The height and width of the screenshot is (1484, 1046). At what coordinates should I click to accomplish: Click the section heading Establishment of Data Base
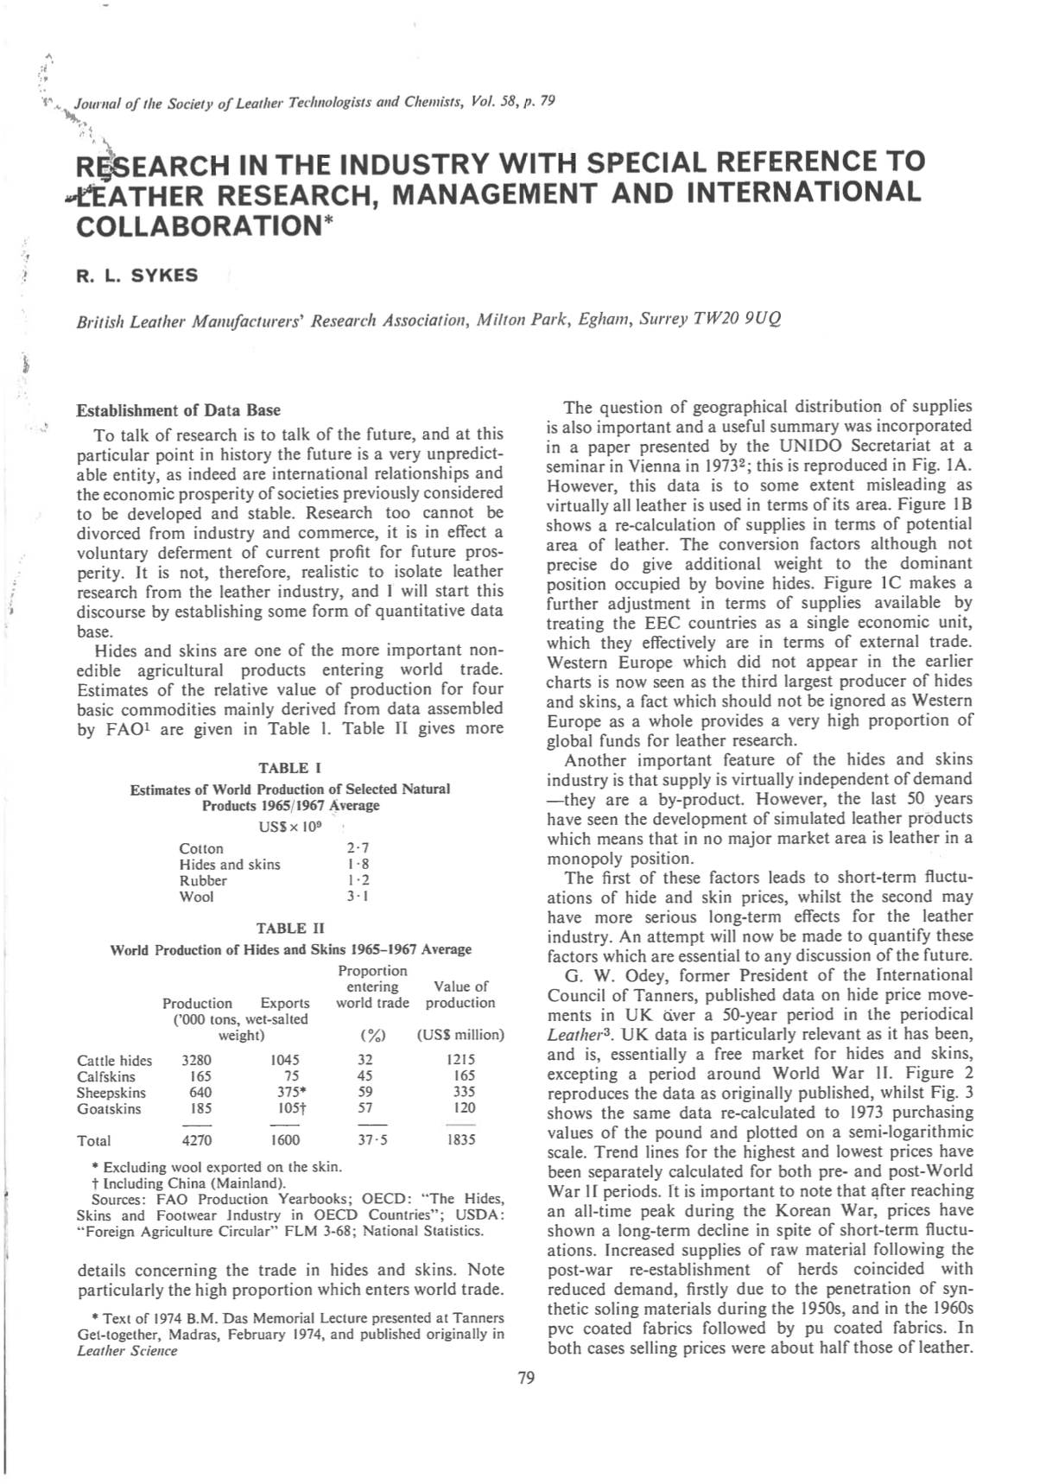pyautogui.click(x=179, y=409)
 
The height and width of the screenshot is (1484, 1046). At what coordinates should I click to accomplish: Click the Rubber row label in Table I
pyautogui.click(x=203, y=880)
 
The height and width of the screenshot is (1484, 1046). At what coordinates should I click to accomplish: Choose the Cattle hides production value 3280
pyautogui.click(x=196, y=1060)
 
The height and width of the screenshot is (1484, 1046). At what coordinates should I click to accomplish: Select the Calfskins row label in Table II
pyautogui.click(x=106, y=1076)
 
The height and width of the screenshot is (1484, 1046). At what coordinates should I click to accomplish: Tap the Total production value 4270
pyautogui.click(x=196, y=1140)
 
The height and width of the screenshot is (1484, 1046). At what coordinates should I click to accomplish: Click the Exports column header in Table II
pyautogui.click(x=285, y=1003)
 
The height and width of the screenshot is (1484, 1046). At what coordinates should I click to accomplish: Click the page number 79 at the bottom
pyautogui.click(x=526, y=1378)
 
